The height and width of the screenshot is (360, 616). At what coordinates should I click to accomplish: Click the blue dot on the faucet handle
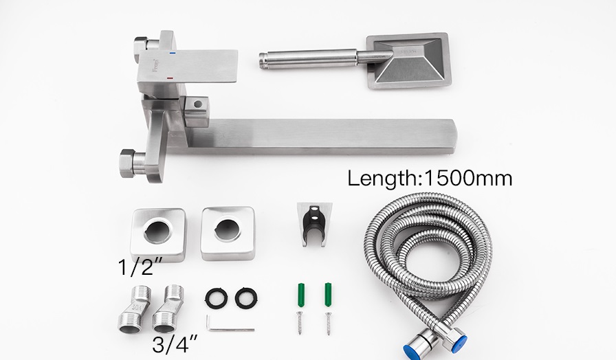[172, 52]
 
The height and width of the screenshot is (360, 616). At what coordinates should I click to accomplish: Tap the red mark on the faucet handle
[170, 78]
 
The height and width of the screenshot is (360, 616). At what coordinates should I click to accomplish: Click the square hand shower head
[408, 60]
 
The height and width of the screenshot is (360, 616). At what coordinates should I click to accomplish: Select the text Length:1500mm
[430, 178]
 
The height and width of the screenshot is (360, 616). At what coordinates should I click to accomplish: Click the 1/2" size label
[140, 267]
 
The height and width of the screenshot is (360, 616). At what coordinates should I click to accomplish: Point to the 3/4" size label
[175, 344]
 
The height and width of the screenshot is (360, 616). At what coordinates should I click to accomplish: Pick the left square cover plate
[158, 235]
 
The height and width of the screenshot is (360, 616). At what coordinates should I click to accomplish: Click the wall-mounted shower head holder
[314, 224]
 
